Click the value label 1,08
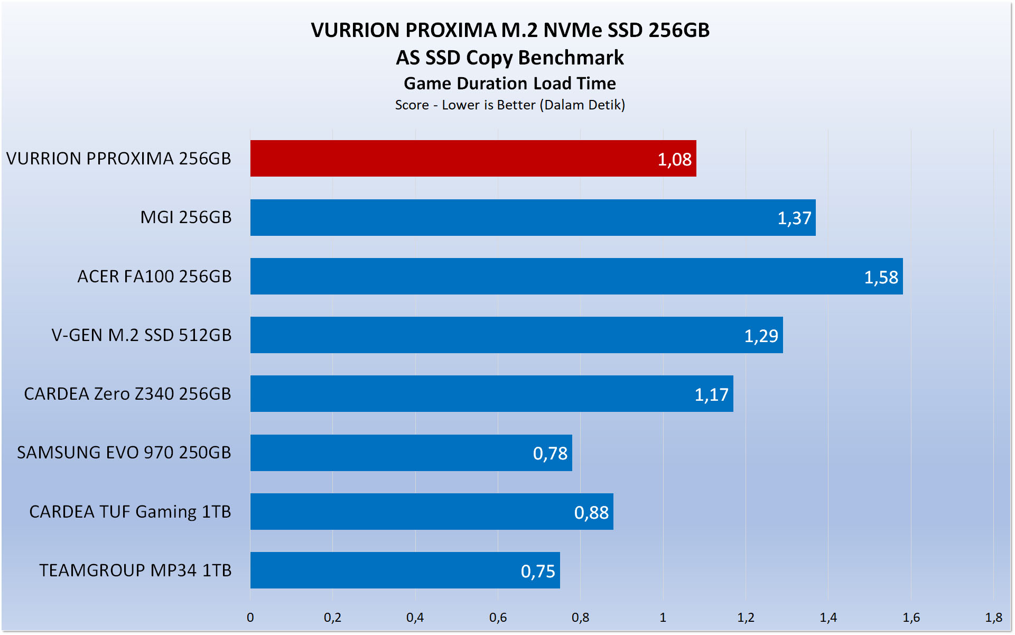pos(674,159)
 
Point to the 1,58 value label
pos(881,277)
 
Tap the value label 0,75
pos(538,571)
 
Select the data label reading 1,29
pos(761,336)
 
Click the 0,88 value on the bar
pos(591,512)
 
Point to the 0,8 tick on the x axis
pos(580,617)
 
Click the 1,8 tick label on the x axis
pos(993,617)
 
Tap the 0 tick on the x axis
pos(250,617)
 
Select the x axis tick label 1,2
pos(746,617)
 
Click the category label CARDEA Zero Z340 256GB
pos(127,394)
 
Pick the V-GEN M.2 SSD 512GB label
pos(141,335)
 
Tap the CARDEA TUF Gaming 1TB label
pos(130,512)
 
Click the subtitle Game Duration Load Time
pos(510,84)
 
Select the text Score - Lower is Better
pos(465,105)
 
